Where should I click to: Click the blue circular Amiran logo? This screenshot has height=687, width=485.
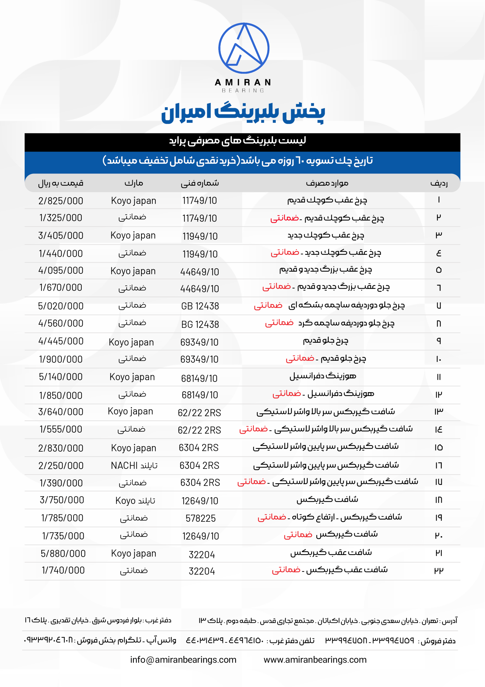coord(244,48)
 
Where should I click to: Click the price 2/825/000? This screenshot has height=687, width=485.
coord(61,201)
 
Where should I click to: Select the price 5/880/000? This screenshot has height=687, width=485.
coord(63,554)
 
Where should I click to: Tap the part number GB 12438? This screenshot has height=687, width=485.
coord(200,306)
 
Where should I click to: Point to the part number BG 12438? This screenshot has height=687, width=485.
coord(200,324)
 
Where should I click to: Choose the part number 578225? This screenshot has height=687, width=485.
coord(200,518)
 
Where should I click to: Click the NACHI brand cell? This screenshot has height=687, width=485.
coord(134,466)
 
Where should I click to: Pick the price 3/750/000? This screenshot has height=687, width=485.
coord(62,500)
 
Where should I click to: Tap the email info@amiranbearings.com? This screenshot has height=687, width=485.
coord(183,660)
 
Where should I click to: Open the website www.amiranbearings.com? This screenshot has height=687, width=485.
coord(315,660)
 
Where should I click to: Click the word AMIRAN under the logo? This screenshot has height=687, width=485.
coord(243,82)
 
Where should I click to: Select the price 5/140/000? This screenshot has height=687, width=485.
coord(61,377)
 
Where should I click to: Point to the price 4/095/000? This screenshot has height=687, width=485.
coord(61,271)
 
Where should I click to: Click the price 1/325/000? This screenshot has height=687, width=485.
coord(61,218)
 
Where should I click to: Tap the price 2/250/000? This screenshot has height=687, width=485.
coord(61,466)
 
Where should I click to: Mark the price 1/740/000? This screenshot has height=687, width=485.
coord(63,570)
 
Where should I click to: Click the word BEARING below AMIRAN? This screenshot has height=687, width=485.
coord(243,90)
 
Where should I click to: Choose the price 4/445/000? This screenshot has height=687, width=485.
coord(61,341)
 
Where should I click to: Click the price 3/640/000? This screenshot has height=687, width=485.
coord(61,412)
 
